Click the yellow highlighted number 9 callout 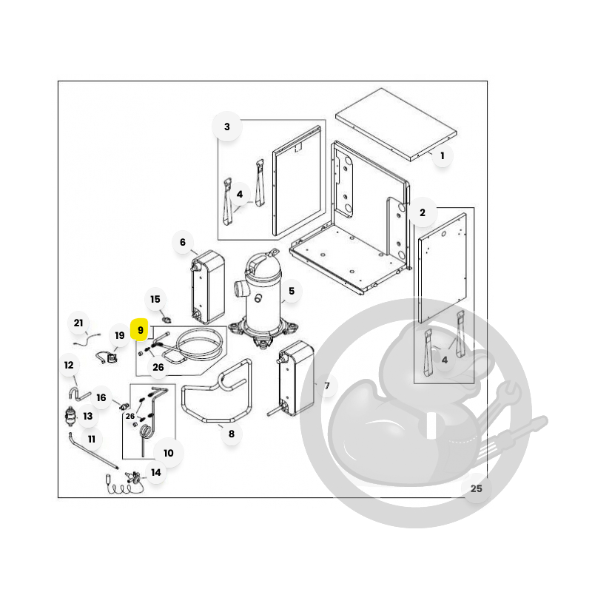pos(140,330)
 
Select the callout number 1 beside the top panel pos(442,155)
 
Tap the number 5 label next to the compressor pos(292,291)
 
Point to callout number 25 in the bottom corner pos(476,488)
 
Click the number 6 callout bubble pos(183,242)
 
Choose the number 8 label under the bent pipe pos(232,434)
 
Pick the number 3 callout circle pos(227,127)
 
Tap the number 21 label pos(78,323)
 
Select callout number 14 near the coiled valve pos(156,472)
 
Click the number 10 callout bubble pos(169,453)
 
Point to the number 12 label pos(69,365)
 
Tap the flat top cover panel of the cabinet pos(396,125)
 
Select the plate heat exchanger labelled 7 pos(296,378)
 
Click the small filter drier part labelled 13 pos(70,416)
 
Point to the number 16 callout pos(101,397)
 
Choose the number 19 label pos(120,335)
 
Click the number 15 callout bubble pos(155,300)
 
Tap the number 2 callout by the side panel pos(423,212)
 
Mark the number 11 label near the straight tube pos(91,439)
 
